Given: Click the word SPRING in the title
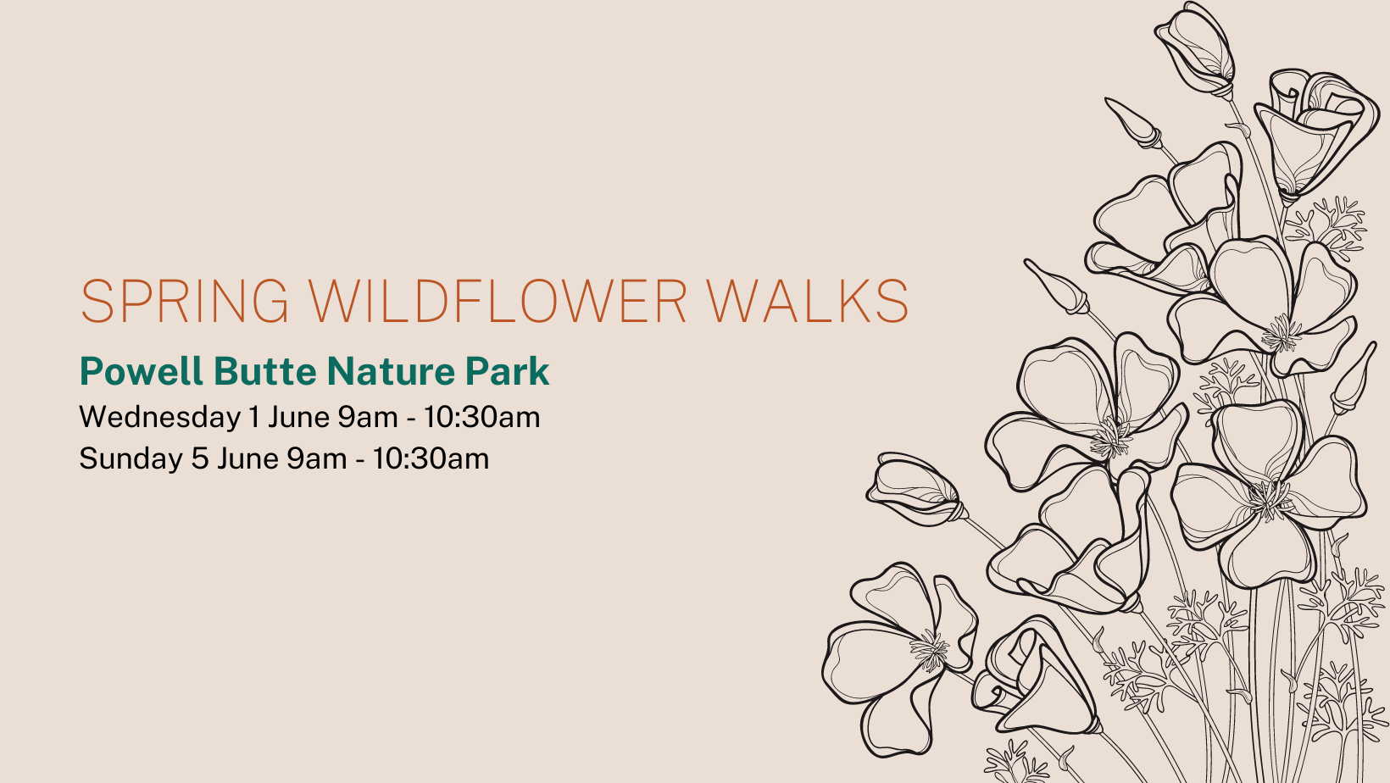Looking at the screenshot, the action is tap(185, 301).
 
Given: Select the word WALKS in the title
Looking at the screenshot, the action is tap(808, 301).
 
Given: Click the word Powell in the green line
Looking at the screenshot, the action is tap(142, 371).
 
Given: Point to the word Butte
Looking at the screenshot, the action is tap(265, 371).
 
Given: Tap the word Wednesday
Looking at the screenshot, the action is tap(159, 417).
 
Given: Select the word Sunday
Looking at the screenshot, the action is tap(131, 459).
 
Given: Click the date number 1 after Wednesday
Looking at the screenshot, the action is tap(253, 417).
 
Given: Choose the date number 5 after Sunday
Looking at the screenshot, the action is tap(200, 459).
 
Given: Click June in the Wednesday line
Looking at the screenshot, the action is tap(298, 417).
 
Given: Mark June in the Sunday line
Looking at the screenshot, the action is tap(247, 459).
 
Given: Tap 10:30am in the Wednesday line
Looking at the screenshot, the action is tap(482, 417).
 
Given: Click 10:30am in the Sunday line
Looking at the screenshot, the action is tap(431, 459).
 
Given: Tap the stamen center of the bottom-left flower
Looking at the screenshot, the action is tap(929, 650).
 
